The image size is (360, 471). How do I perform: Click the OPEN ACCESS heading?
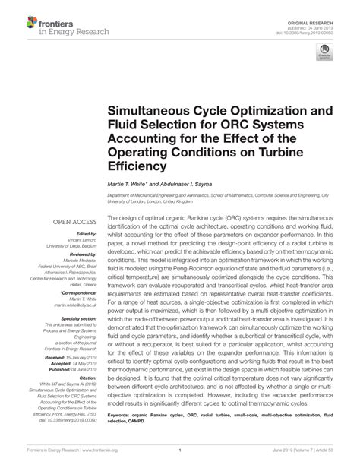click(71, 222)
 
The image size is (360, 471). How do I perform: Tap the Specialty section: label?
click(75, 318)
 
